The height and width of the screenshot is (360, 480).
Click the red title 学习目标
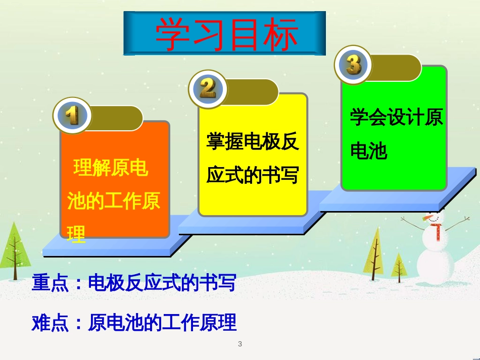coord(226,34)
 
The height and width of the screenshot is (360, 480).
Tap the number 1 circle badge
coord(72,116)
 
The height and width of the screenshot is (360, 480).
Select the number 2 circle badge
coord(208,89)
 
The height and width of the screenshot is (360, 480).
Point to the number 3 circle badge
coord(353,65)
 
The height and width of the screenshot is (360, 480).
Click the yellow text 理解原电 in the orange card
coord(111,168)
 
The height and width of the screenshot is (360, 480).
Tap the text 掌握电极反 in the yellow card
coord(253,141)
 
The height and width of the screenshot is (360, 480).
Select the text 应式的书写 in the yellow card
coord(253,175)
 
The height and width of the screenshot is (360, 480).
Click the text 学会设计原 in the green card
coord(397,117)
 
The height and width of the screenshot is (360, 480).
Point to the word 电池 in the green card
coord(368,150)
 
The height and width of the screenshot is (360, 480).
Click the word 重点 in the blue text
coord(50,283)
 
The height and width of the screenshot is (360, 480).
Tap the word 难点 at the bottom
coord(50,323)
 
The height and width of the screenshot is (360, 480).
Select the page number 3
coord(240,344)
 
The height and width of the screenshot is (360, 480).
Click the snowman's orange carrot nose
coord(427,218)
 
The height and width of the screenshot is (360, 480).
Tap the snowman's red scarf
coord(437,229)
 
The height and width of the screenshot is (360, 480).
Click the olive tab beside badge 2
coord(251,92)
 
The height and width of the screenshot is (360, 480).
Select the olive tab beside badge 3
coord(395,68)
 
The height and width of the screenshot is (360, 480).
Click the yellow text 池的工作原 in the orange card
coord(114,201)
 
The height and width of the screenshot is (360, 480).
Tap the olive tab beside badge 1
coord(116,118)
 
